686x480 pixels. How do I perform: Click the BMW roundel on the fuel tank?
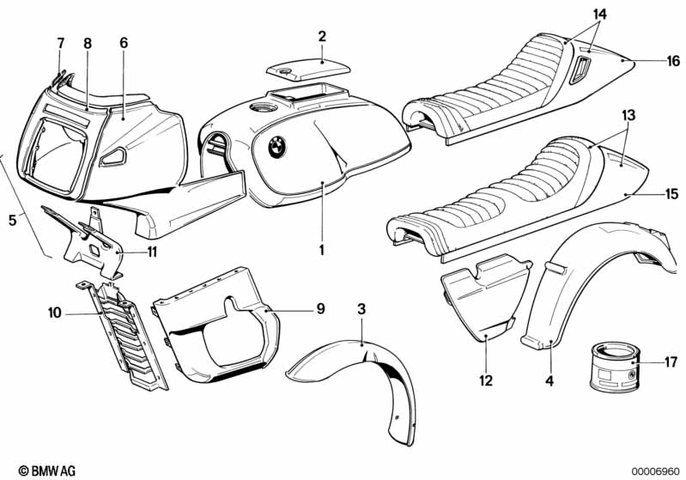(x=277, y=147)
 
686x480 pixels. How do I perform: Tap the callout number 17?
(x=671, y=362)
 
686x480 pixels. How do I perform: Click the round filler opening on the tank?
(x=262, y=107)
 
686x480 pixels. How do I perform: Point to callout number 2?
(x=322, y=36)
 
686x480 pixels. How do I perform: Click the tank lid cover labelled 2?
(x=308, y=69)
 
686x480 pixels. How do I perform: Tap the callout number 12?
(x=486, y=380)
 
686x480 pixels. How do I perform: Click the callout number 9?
(x=321, y=309)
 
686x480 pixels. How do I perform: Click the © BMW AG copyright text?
(x=47, y=471)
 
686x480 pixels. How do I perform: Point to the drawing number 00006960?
(x=655, y=471)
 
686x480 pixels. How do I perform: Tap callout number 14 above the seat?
(x=600, y=15)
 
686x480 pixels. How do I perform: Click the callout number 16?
(x=673, y=61)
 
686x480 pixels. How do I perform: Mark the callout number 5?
(x=13, y=220)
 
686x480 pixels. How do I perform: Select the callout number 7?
(x=60, y=43)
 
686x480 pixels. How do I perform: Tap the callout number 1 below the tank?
(x=322, y=250)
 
